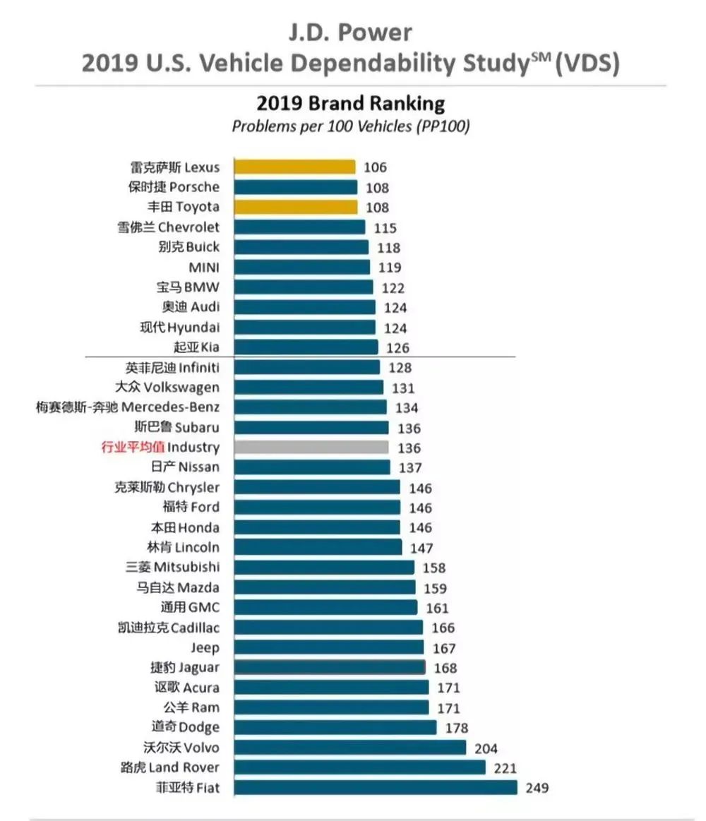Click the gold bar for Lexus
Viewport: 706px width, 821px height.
(x=294, y=167)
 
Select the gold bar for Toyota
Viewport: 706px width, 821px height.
(x=295, y=208)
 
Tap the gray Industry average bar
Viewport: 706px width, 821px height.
(x=311, y=448)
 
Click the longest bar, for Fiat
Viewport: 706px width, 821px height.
(x=375, y=788)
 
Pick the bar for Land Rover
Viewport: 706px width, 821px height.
(x=359, y=767)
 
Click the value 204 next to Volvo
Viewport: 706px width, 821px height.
(x=485, y=748)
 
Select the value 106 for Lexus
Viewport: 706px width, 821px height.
(x=376, y=167)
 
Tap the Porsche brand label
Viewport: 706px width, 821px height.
(x=174, y=187)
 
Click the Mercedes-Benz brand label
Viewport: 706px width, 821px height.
(x=128, y=407)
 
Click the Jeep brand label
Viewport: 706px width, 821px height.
(x=205, y=648)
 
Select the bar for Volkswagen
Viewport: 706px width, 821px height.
(x=309, y=388)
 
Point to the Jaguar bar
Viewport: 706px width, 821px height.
(x=329, y=668)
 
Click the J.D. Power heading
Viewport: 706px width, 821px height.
(x=350, y=32)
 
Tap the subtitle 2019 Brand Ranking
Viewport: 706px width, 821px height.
(x=350, y=104)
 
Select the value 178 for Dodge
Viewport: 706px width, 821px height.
(x=456, y=728)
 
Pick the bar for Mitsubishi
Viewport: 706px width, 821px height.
(x=324, y=568)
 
